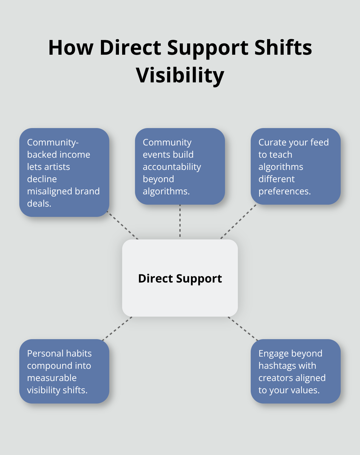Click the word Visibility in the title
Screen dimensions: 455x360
(180, 75)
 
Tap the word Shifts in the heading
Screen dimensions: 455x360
(283, 48)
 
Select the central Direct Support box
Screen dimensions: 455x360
(180, 278)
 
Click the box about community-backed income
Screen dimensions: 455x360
(64, 172)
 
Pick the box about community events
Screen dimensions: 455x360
(180, 166)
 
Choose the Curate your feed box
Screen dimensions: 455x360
(295, 166)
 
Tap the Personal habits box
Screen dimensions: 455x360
(64, 371)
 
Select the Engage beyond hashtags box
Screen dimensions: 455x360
(295, 371)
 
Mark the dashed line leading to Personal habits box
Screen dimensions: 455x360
(117, 328)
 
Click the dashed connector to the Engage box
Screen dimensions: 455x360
(243, 328)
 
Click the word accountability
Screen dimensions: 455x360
(172, 167)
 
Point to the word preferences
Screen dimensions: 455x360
(284, 191)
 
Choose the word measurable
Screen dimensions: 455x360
(52, 378)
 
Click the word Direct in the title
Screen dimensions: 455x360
(130, 48)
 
